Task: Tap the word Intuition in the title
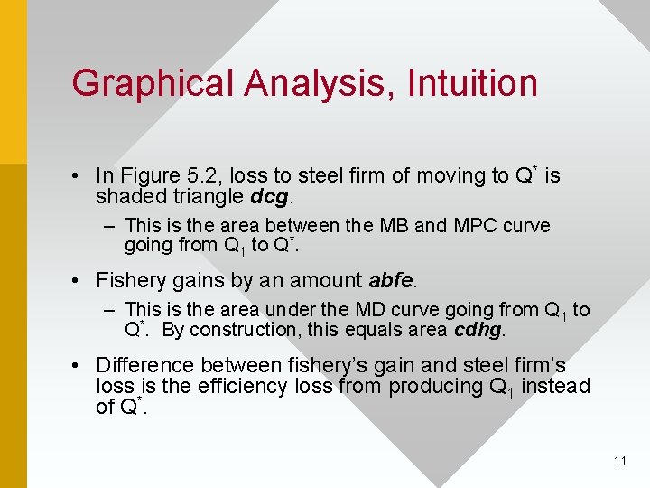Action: (x=472, y=83)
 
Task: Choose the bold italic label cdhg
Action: (x=478, y=330)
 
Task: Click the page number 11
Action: (x=619, y=461)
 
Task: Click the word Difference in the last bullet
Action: (x=144, y=365)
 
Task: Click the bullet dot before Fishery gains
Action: (x=79, y=280)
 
